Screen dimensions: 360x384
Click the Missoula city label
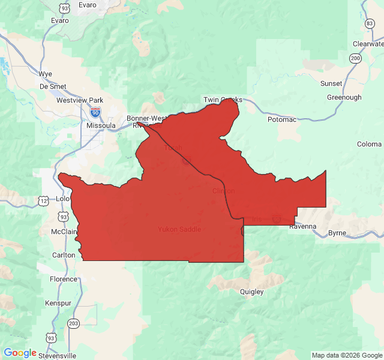tap(101, 125)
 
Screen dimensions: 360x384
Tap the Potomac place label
tap(282, 119)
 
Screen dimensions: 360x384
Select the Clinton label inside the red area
tap(223, 191)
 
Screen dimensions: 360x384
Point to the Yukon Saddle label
tap(179, 229)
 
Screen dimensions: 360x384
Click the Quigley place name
tap(251, 292)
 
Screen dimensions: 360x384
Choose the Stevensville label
tap(58, 355)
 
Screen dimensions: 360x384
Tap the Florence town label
tap(64, 279)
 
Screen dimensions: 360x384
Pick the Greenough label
tap(344, 97)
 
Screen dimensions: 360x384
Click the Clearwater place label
tap(368, 44)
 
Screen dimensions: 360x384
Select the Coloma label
tap(369, 144)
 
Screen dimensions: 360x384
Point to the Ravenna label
tap(302, 227)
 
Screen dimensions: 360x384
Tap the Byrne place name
tap(337, 233)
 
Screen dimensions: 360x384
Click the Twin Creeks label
tap(223, 100)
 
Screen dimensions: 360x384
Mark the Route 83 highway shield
tap(370, 23)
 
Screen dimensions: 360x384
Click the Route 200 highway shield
tap(356, 58)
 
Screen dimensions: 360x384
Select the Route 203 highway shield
tap(73, 323)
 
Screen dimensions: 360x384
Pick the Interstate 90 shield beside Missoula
tap(95, 112)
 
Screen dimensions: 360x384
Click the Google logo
tap(20, 353)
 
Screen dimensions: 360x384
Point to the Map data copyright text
tap(347, 355)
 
